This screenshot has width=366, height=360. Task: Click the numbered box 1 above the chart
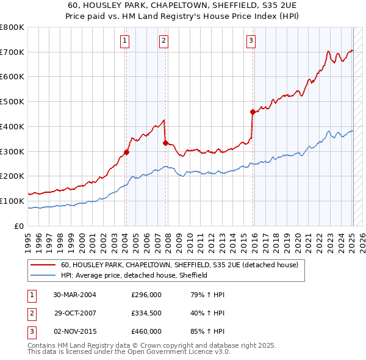click(124, 41)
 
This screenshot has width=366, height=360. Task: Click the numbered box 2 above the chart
click(164, 41)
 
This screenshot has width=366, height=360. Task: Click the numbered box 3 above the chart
click(251, 41)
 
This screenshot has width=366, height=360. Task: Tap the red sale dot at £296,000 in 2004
click(126, 153)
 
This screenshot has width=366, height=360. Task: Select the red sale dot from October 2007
click(165, 143)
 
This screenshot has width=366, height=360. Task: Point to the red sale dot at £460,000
click(253, 112)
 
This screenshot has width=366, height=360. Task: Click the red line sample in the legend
click(43, 265)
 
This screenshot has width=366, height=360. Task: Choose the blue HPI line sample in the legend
click(43, 276)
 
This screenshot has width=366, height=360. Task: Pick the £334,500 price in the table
click(146, 313)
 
